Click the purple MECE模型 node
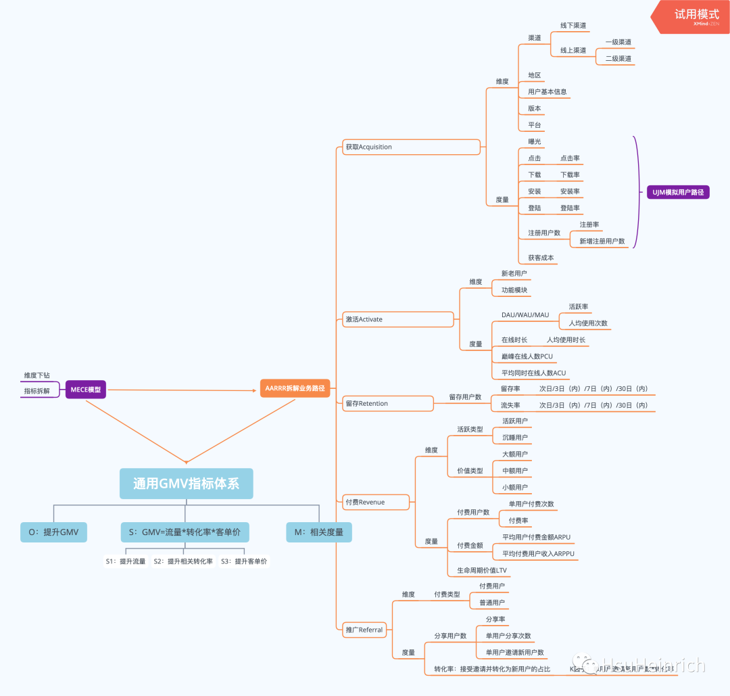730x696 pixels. coord(86,390)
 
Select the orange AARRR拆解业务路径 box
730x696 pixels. coord(295,388)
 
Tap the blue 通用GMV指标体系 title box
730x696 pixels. coord(187,484)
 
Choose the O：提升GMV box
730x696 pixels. coord(54,532)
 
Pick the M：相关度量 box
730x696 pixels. coord(318,532)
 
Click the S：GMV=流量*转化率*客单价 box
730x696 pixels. coord(185,532)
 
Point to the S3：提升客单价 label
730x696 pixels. coord(244,561)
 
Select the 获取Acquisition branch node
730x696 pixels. coord(368,147)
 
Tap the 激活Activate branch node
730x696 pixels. coord(364,319)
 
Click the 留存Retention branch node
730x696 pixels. coord(366,404)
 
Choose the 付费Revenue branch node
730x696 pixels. coord(366,502)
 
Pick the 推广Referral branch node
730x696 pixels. coord(364,630)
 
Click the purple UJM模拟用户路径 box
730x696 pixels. coord(678,193)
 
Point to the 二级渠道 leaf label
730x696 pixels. coord(618,59)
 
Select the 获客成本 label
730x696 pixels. coord(541,258)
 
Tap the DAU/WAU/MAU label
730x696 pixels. coord(525,315)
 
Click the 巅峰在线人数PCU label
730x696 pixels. coord(527,356)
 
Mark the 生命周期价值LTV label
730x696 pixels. coord(483,571)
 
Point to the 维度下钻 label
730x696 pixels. coord(37,375)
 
